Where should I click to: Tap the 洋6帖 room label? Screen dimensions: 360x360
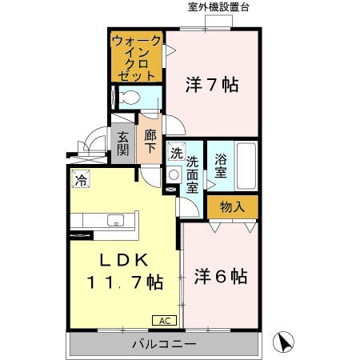pyautogui.click(x=220, y=277)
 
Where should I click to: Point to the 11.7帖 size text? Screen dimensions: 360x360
pyautogui.click(x=126, y=282)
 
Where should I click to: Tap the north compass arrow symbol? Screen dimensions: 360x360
pyautogui.click(x=282, y=343)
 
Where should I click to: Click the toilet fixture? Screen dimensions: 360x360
pyautogui.click(x=128, y=98)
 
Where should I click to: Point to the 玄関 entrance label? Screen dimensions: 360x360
pyautogui.click(x=122, y=144)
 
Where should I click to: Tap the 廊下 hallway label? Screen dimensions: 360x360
pyautogui.click(x=150, y=142)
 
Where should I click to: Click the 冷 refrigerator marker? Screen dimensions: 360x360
pyautogui.click(x=81, y=179)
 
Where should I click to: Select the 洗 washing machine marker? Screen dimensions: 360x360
pyautogui.click(x=175, y=152)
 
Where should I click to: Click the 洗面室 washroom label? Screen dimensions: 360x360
pyautogui.click(x=193, y=173)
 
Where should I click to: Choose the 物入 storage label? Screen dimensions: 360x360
pyautogui.click(x=232, y=207)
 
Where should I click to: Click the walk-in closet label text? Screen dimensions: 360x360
pyautogui.click(x=137, y=56)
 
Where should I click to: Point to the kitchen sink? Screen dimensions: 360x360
pyautogui.click(x=114, y=222)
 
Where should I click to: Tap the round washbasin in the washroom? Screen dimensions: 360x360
pyautogui.click(x=174, y=175)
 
